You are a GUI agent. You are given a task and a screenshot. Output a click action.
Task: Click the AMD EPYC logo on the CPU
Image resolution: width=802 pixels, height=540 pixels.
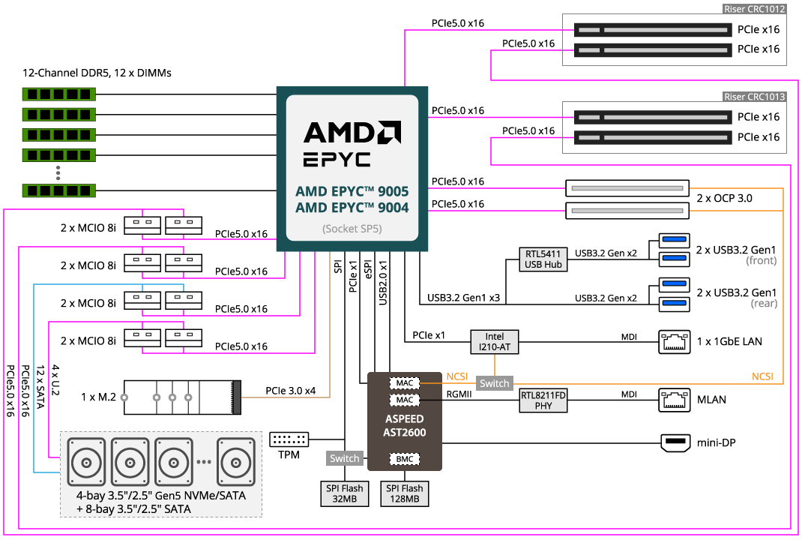point(352,143)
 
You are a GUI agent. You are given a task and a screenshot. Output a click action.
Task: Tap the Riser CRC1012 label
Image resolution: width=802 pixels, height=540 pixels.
point(754,9)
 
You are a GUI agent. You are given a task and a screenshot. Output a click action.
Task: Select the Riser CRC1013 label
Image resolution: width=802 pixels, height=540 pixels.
point(754,97)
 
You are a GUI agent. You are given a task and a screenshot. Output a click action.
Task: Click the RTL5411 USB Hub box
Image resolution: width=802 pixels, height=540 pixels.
point(543,259)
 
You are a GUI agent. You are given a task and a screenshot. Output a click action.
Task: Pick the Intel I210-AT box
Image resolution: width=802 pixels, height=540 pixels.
point(495,342)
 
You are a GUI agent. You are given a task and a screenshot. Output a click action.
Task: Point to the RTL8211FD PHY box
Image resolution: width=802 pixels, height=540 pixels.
point(543,400)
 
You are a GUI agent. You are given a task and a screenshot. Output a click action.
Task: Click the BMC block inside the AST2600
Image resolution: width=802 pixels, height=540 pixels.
point(404,458)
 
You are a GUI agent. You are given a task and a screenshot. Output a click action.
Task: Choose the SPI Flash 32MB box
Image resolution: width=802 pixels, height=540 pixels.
point(345,493)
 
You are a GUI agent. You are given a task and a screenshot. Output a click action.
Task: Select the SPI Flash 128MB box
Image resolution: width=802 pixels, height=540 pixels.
point(405,493)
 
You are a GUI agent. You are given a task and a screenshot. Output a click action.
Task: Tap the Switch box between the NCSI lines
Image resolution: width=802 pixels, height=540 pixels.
point(495,383)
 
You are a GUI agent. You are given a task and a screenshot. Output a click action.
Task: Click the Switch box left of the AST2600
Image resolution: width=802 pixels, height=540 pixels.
point(345,458)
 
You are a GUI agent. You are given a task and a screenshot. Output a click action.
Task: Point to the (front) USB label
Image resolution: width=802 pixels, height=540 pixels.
point(761,261)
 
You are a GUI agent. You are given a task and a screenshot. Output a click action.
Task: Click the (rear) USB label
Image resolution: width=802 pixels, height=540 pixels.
point(764,304)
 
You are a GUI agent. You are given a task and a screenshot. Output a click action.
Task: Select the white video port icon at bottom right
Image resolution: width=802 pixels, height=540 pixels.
point(675,443)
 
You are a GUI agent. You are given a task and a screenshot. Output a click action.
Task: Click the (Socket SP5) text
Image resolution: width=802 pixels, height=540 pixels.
point(352,229)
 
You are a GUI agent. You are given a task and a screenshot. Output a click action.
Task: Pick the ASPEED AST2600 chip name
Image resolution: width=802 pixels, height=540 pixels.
point(404,425)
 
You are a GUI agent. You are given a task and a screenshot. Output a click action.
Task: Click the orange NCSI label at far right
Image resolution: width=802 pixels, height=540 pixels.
point(762,376)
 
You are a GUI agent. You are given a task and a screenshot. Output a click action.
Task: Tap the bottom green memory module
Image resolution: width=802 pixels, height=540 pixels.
point(59,190)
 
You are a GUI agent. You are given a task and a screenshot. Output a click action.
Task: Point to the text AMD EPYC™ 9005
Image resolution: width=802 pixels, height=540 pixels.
point(352,191)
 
